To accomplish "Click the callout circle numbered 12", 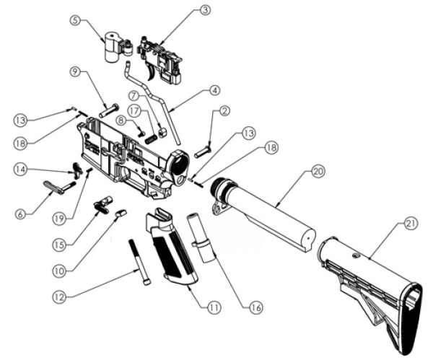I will click(59, 296).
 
